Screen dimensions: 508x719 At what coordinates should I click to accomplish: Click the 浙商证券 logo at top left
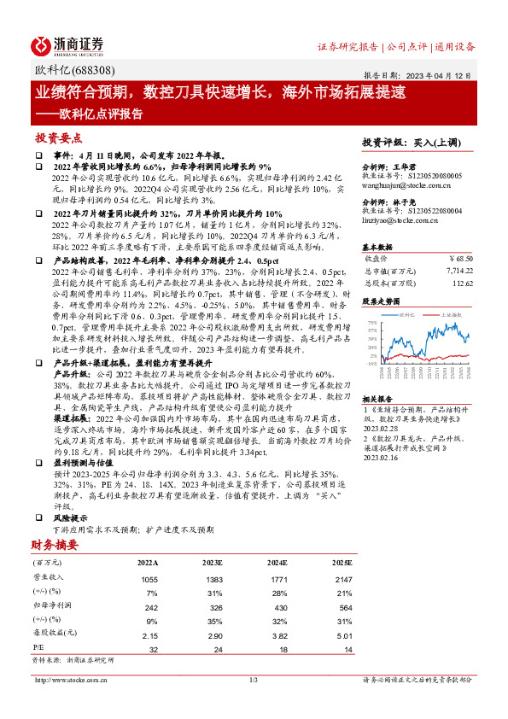67,45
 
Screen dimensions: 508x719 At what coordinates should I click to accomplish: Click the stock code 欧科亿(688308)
74,71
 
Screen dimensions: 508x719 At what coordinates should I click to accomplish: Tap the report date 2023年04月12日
445,73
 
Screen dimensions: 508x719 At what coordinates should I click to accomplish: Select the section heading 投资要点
58,137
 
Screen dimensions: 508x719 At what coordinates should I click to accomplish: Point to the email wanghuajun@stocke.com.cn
400,181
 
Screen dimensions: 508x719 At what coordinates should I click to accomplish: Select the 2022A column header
148,564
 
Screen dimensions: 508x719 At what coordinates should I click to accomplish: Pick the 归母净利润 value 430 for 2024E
281,608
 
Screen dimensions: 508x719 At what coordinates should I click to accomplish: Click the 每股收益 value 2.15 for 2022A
149,637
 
